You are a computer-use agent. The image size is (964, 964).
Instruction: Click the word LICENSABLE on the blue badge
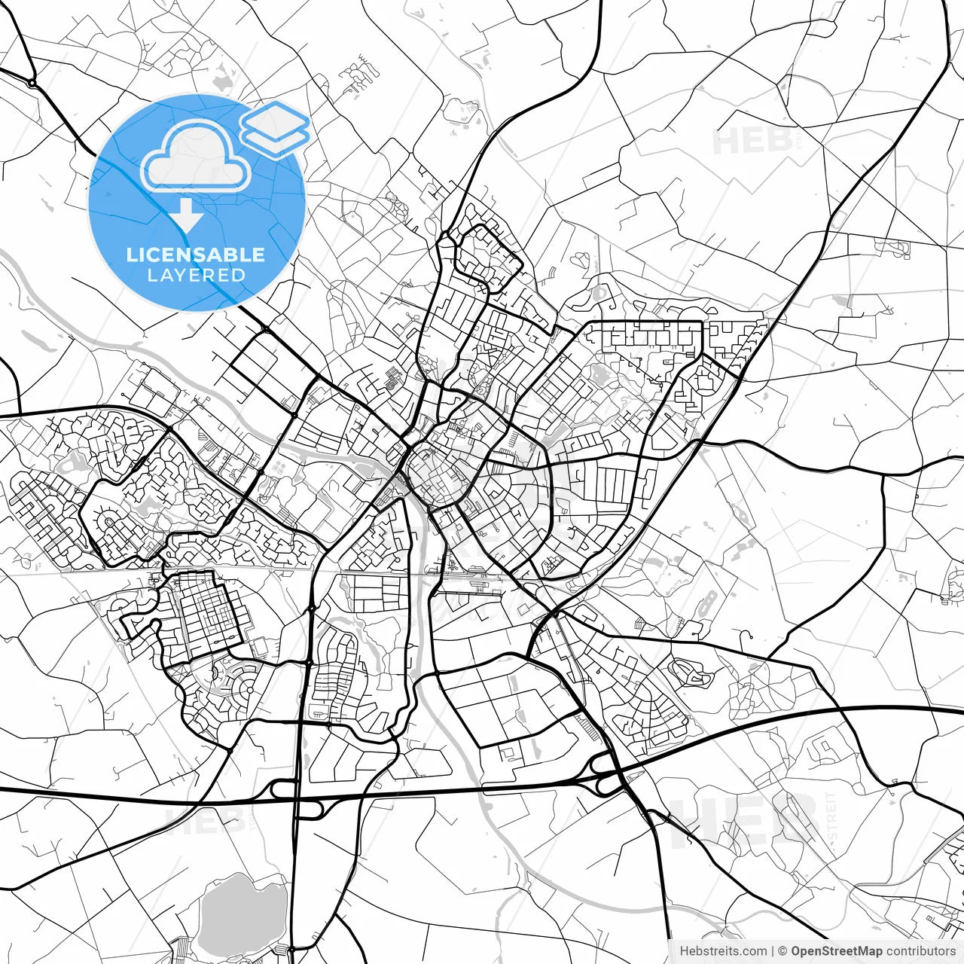(196, 255)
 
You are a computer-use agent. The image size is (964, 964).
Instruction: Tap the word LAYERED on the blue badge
(196, 275)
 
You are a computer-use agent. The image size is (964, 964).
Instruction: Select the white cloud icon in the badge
(196, 156)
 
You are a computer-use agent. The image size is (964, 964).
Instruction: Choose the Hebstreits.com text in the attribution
(723, 951)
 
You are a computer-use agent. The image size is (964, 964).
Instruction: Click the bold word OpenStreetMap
(836, 951)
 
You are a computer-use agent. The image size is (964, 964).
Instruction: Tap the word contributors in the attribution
(920, 951)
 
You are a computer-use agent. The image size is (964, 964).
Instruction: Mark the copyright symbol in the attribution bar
(782, 951)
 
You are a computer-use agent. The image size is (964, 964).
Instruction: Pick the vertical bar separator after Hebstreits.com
(773, 951)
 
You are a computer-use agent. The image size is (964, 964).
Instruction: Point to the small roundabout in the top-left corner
(32, 82)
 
